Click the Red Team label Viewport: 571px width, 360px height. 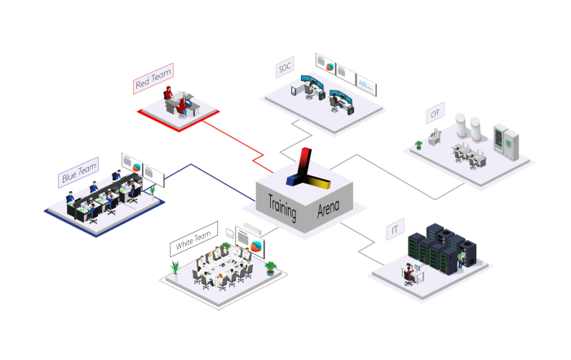[153, 78]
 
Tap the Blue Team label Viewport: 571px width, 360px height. [78, 172]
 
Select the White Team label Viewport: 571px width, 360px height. [194, 239]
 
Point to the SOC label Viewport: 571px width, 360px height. [285, 67]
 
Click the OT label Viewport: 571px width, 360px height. [435, 113]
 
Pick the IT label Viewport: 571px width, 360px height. [395, 229]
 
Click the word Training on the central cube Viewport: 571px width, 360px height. [282, 208]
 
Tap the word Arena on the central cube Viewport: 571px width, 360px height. [328, 209]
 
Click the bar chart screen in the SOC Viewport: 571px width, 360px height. [366, 85]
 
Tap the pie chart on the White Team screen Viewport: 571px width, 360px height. [256, 247]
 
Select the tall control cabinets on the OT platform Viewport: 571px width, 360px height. [507, 142]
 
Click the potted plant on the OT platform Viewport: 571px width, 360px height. [418, 145]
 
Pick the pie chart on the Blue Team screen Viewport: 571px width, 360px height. [136, 167]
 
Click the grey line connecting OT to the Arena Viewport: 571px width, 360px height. [397, 176]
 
